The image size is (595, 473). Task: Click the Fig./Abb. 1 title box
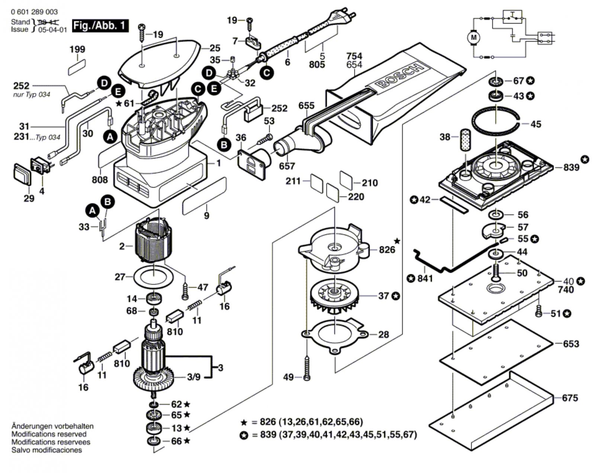pyautogui.click(x=100, y=26)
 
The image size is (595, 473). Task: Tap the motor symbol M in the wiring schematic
pyautogui.click(x=473, y=37)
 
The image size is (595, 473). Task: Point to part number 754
pyautogui.click(x=354, y=56)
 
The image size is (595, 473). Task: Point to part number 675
pyautogui.click(x=570, y=398)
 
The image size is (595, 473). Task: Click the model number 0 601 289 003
pyautogui.click(x=34, y=12)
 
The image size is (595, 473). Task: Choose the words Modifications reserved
pyautogui.click(x=49, y=434)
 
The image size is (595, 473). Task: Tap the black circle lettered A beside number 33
pyautogui.click(x=93, y=211)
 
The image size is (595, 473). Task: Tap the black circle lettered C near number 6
pyautogui.click(x=267, y=73)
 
